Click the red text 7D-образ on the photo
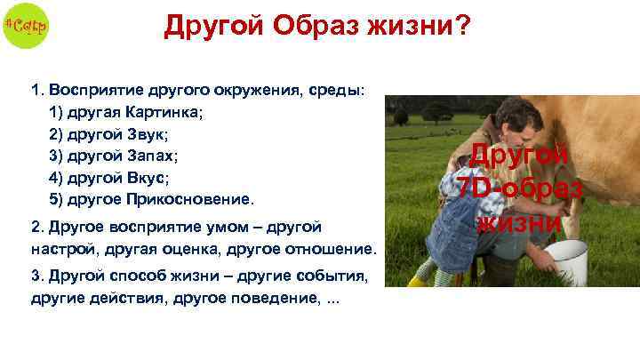click(x=519, y=188)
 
